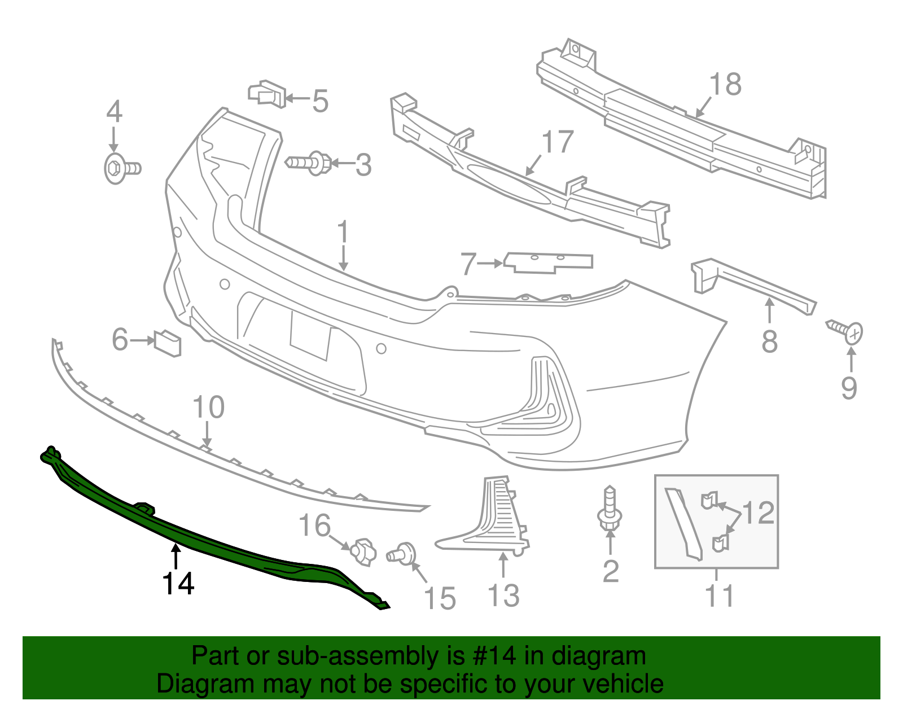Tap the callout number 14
click(178, 584)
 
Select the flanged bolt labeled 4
click(121, 168)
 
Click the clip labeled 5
click(266, 94)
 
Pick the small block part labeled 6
click(168, 343)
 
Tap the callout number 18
click(725, 85)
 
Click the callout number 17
click(557, 142)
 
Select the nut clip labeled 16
click(363, 551)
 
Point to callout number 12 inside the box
click(758, 513)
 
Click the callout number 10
click(208, 407)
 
